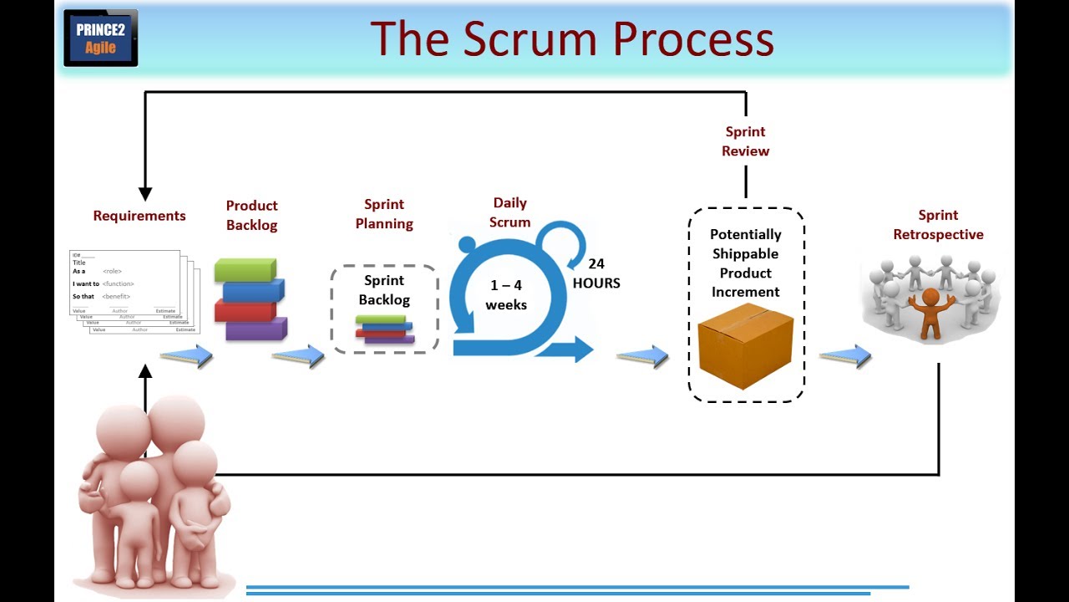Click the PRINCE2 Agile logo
point(100,38)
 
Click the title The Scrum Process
point(572,38)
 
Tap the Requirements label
point(139,216)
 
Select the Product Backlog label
point(251,215)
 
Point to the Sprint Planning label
point(384,214)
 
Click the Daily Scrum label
point(510,212)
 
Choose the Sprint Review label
point(746,141)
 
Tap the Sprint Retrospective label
point(938,225)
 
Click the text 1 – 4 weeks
point(506,295)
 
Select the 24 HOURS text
point(596,273)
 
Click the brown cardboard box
point(745,344)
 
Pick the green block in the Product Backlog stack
point(245,270)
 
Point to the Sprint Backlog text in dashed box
point(384,289)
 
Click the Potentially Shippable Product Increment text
point(746,263)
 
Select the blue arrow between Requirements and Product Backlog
point(186,356)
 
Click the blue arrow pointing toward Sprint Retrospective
point(845,356)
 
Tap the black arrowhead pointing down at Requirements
point(145,194)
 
